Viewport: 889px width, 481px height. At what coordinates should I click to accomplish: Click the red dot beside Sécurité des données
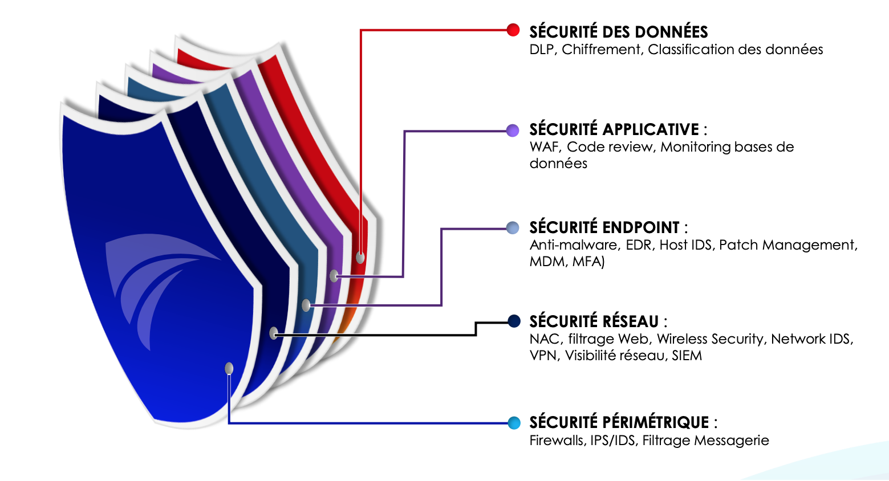(x=513, y=30)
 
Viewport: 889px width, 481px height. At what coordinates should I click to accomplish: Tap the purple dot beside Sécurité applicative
(x=513, y=131)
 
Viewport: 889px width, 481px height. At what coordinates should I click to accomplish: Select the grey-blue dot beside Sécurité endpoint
(x=513, y=228)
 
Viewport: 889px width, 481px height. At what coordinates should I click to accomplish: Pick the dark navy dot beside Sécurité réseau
(x=514, y=321)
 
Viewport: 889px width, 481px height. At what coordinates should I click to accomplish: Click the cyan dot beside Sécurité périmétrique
(x=514, y=422)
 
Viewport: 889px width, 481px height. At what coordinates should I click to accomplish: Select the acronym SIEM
(x=687, y=356)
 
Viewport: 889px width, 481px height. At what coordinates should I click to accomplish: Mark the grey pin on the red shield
(x=360, y=257)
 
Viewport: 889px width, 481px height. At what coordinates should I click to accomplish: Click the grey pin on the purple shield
(x=334, y=276)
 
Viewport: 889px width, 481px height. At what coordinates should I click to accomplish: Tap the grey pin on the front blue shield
(x=229, y=368)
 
